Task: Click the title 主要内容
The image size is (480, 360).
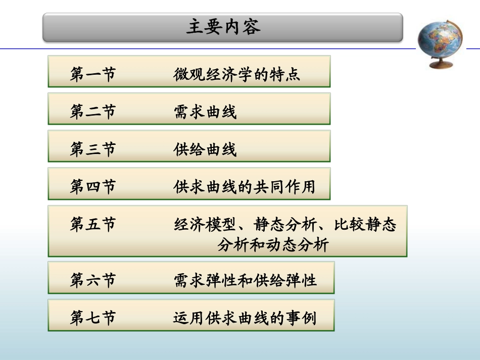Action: pos(223,27)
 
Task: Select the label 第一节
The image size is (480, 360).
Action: pos(93,74)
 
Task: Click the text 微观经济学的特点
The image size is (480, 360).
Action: pos(236,74)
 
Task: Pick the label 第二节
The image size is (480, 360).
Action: pos(93,112)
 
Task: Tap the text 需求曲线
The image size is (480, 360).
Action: pos(205,112)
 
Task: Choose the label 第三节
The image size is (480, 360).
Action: pos(93,149)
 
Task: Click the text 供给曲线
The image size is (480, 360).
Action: pos(205,149)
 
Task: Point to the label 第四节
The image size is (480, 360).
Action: pos(93,187)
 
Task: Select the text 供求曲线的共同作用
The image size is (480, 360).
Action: pos(244,187)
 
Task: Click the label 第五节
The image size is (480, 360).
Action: pos(93,224)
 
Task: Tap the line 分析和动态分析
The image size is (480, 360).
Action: pos(273,245)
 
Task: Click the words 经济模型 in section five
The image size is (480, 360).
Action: pos(205,224)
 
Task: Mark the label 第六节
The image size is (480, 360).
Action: pos(93,280)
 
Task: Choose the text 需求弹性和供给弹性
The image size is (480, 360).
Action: pos(245,280)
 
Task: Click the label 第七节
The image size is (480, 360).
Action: pos(93,318)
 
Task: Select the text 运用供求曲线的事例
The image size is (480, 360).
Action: pos(245,318)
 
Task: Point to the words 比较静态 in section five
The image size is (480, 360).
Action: pos(365,224)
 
